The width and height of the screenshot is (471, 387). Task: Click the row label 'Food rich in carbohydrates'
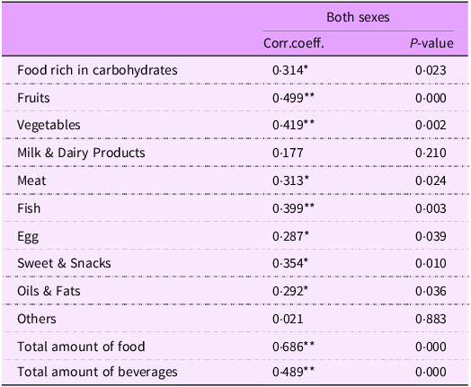click(97, 69)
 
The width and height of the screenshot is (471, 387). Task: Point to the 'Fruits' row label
click(35, 97)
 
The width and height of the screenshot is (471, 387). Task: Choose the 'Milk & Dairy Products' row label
click(81, 153)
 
